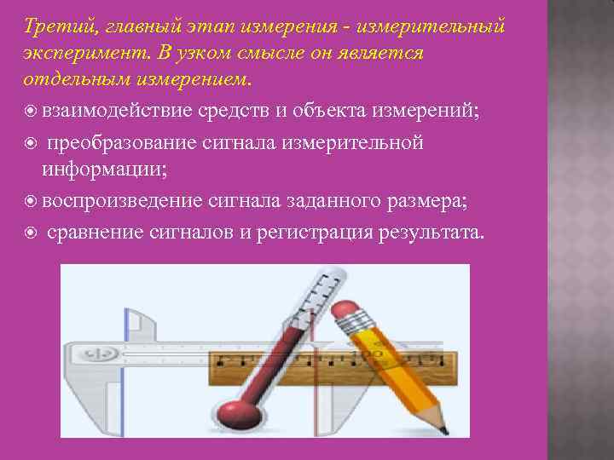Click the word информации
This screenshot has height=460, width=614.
[103, 169]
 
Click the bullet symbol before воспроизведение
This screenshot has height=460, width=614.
[31, 201]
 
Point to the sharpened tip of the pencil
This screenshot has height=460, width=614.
[442, 423]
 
